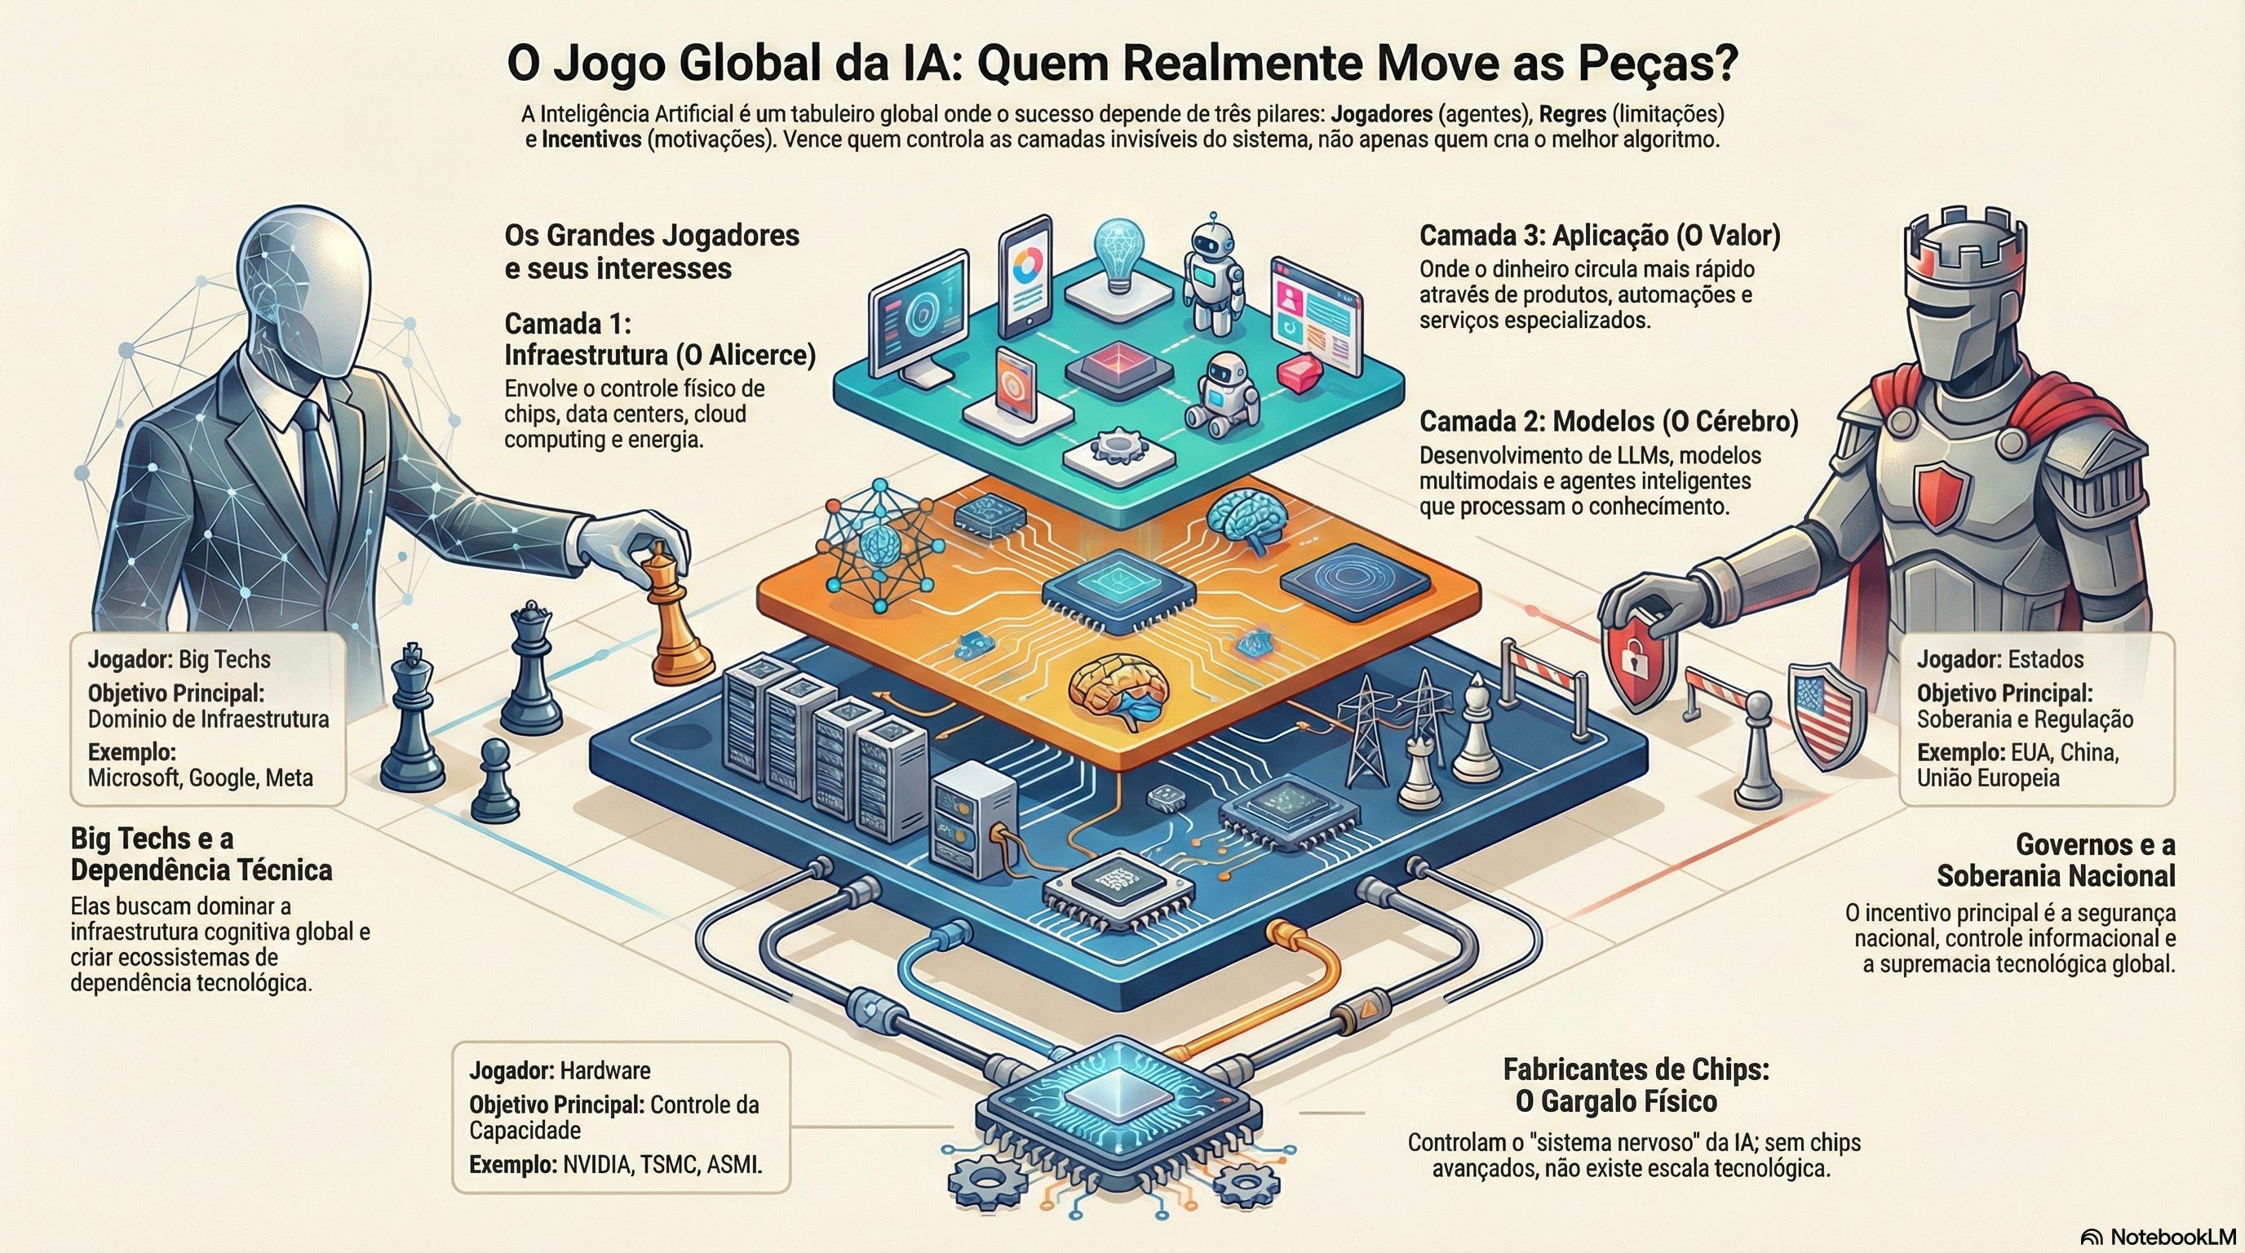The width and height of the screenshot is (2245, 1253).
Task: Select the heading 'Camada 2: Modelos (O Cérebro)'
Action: click(1608, 422)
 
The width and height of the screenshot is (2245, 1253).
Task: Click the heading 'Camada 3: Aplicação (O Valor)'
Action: click(1599, 235)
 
